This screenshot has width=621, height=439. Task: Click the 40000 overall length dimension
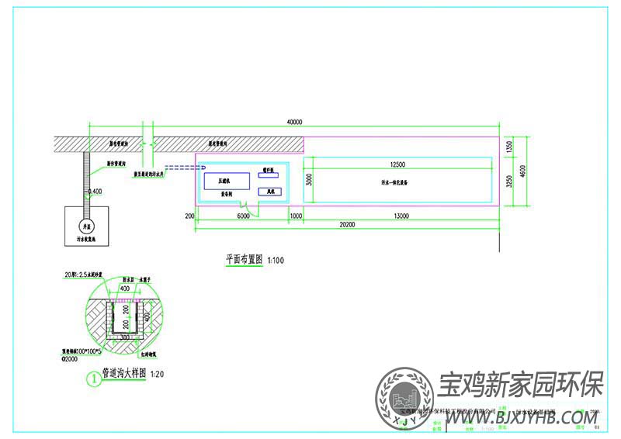point(294,122)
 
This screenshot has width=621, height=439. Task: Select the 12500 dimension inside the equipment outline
point(397,164)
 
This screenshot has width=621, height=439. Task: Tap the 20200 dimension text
point(347,224)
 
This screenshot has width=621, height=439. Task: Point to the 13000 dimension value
point(401,216)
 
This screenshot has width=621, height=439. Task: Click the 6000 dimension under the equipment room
point(243,216)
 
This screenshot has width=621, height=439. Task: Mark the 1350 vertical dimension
point(510,146)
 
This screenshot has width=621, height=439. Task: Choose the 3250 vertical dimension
point(510,181)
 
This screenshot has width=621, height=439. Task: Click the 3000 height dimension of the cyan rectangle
point(308,180)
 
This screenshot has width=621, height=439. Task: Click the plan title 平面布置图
point(244,261)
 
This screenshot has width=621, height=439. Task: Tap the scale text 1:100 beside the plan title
point(276,261)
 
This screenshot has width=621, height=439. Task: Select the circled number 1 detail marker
point(92,379)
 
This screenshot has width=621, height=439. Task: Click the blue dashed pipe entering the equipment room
point(183,168)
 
